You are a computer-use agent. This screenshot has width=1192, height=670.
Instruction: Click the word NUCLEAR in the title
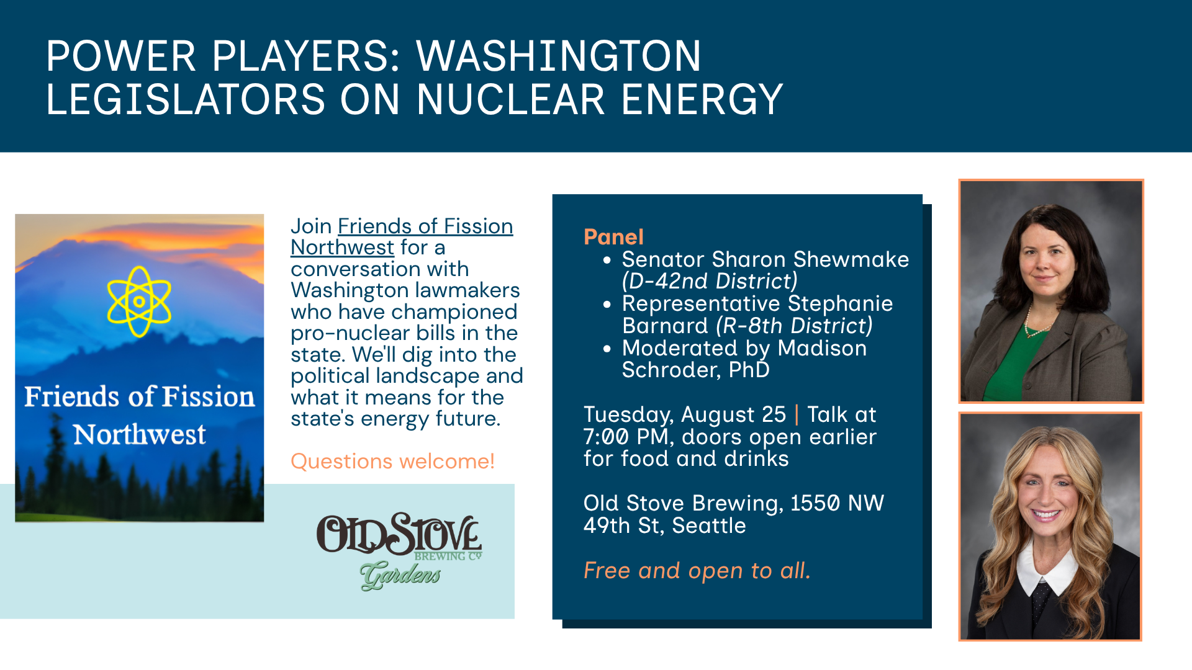click(x=511, y=99)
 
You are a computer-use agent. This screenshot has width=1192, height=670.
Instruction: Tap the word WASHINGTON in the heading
click(x=559, y=56)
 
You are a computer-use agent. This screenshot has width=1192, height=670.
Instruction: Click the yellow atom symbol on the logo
click(x=139, y=301)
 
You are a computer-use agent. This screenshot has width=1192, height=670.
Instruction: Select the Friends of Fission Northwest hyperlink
click(x=402, y=236)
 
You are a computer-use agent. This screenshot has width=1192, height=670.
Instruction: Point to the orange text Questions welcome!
click(x=392, y=461)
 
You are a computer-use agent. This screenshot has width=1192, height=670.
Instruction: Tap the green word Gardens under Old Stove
click(x=400, y=575)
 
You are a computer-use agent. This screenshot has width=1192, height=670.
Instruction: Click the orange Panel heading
click(x=613, y=236)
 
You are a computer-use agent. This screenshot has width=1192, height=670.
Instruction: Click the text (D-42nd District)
click(x=710, y=281)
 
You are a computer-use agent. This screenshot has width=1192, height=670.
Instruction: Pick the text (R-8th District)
click(x=795, y=326)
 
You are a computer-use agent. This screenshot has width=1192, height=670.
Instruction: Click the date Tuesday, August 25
click(x=685, y=414)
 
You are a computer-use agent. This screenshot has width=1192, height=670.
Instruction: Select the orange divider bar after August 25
click(x=797, y=414)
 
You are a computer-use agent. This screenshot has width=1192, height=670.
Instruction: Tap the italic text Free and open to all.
click(x=697, y=570)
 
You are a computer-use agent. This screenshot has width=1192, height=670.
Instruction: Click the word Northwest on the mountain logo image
click(x=140, y=434)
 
